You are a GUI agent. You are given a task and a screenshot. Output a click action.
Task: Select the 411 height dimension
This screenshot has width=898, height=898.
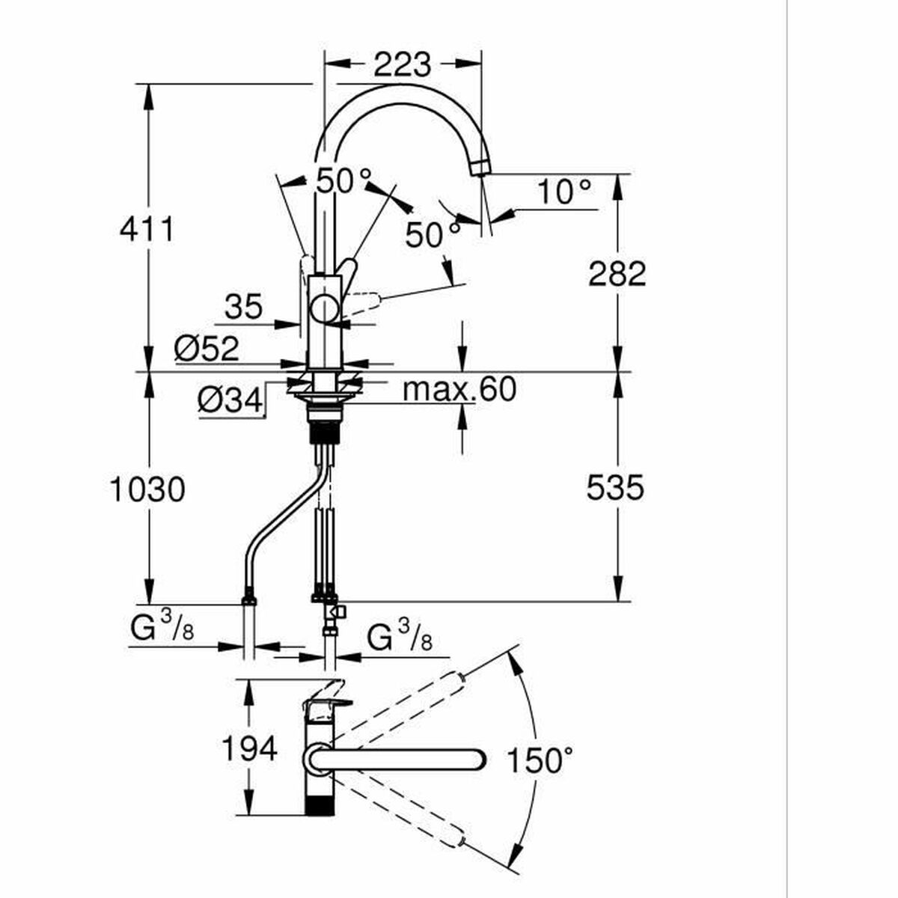(x=147, y=229)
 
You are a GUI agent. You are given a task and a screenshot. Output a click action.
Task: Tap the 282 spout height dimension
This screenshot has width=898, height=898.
(x=617, y=274)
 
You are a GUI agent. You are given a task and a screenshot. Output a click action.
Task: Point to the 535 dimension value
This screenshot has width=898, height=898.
(x=615, y=487)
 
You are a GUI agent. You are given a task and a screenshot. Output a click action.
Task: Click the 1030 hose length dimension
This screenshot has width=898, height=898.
(x=147, y=489)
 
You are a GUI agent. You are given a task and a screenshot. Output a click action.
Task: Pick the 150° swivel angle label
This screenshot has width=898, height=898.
(x=540, y=760)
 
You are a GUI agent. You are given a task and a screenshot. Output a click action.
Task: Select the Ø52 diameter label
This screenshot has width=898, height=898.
(x=207, y=349)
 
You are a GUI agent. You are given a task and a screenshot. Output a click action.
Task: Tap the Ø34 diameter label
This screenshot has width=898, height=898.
(x=230, y=400)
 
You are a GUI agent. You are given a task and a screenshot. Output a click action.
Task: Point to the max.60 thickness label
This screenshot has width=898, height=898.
(x=459, y=390)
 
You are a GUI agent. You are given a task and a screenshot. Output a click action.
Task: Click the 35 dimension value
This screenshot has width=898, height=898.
(x=244, y=307)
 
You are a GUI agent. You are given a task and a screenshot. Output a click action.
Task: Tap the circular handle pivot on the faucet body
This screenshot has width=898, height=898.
(x=325, y=308)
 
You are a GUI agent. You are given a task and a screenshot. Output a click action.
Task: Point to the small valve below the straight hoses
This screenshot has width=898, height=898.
(x=337, y=610)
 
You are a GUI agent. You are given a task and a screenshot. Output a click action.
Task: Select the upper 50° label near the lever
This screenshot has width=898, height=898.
(x=344, y=180)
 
